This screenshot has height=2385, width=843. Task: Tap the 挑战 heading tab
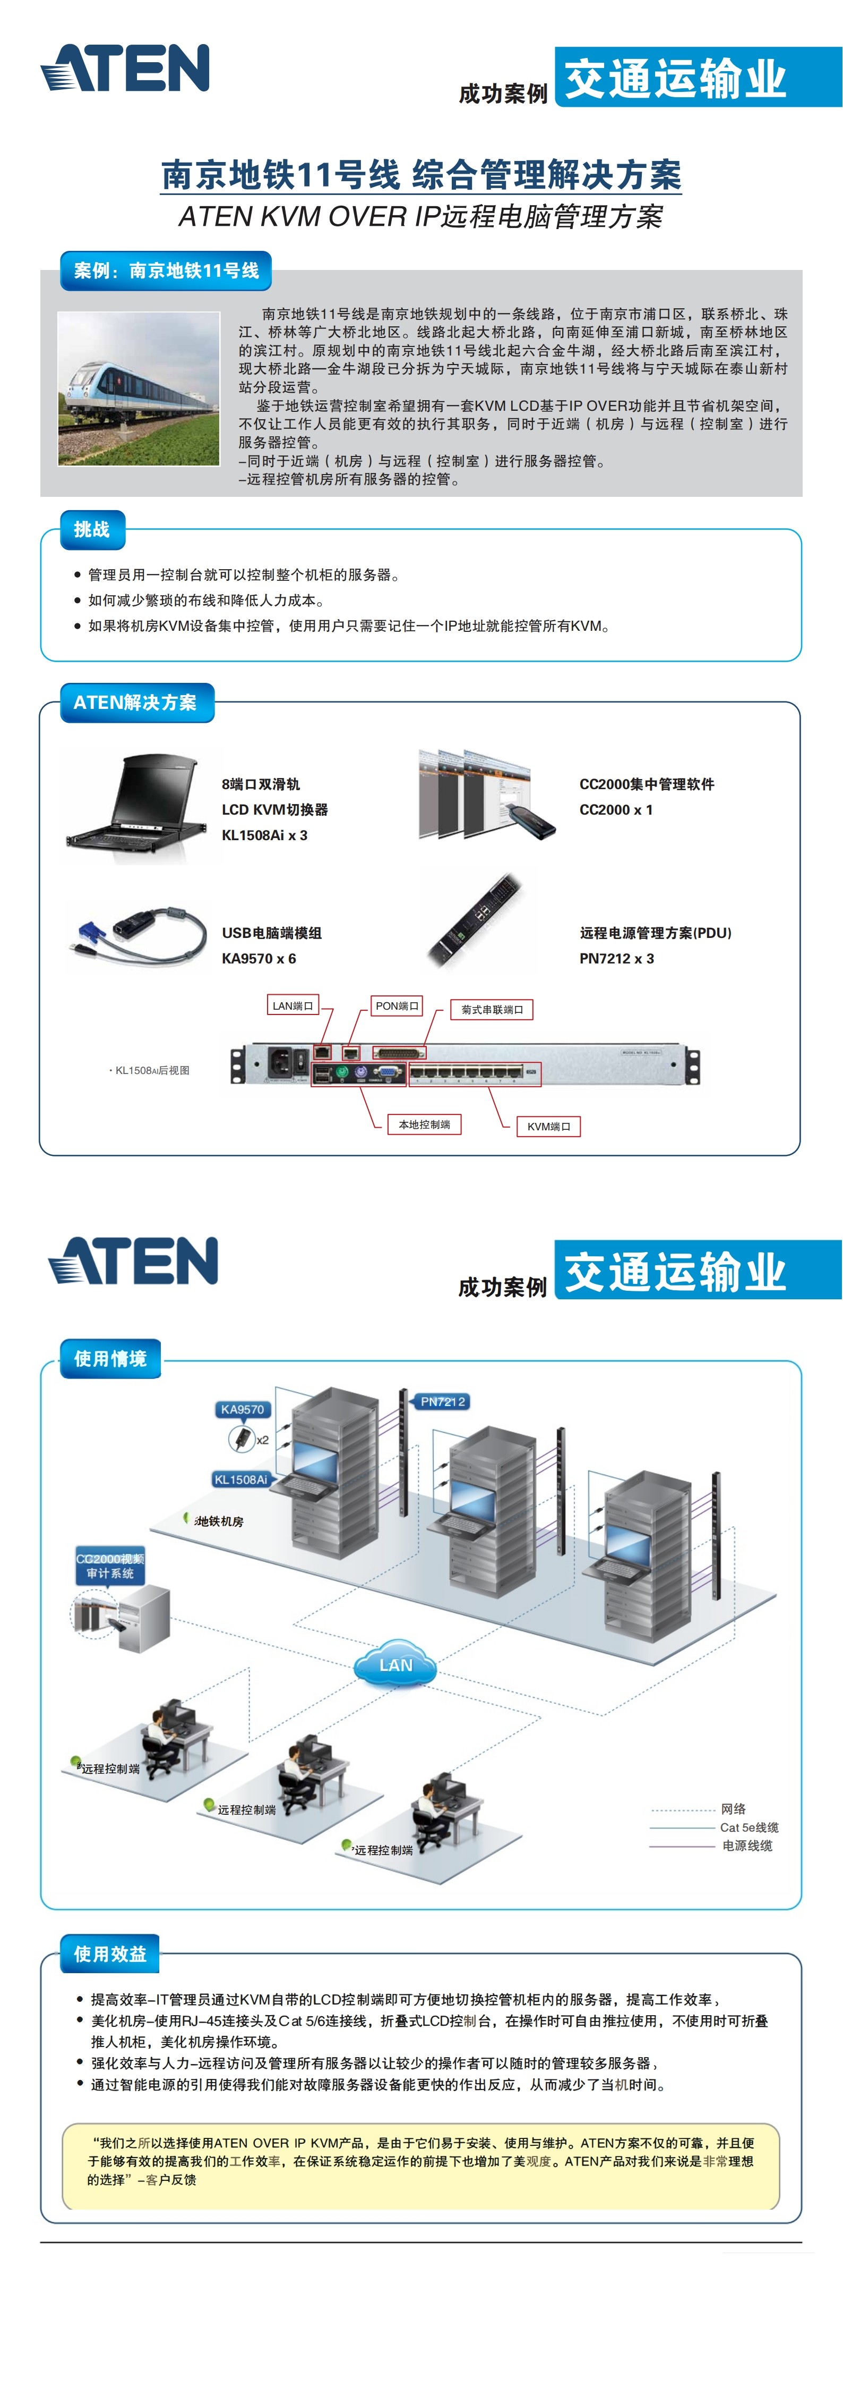[x=92, y=530]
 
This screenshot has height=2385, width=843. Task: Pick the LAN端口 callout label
[x=293, y=1005]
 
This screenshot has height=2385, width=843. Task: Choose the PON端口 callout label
[x=397, y=1005]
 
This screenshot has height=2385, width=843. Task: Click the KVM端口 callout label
[x=549, y=1126]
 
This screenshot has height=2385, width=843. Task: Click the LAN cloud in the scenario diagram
[x=396, y=1662]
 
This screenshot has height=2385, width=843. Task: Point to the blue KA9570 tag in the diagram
[x=243, y=1409]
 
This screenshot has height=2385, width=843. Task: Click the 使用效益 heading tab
[x=110, y=1955]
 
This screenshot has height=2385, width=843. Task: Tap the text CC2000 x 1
[x=615, y=810]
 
